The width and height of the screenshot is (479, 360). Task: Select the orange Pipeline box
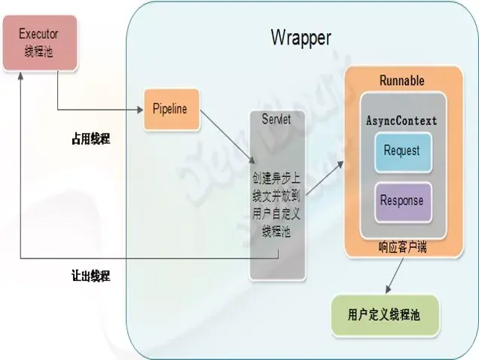point(170,109)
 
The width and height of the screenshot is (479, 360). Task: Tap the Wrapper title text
point(301,37)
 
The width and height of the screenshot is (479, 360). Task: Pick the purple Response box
point(401,201)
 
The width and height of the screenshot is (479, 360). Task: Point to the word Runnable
point(401,81)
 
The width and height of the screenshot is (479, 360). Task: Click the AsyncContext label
point(401,121)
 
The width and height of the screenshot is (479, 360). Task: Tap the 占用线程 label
point(91,139)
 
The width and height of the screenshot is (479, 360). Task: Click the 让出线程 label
point(91,276)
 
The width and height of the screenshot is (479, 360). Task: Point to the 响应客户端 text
point(401,246)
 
